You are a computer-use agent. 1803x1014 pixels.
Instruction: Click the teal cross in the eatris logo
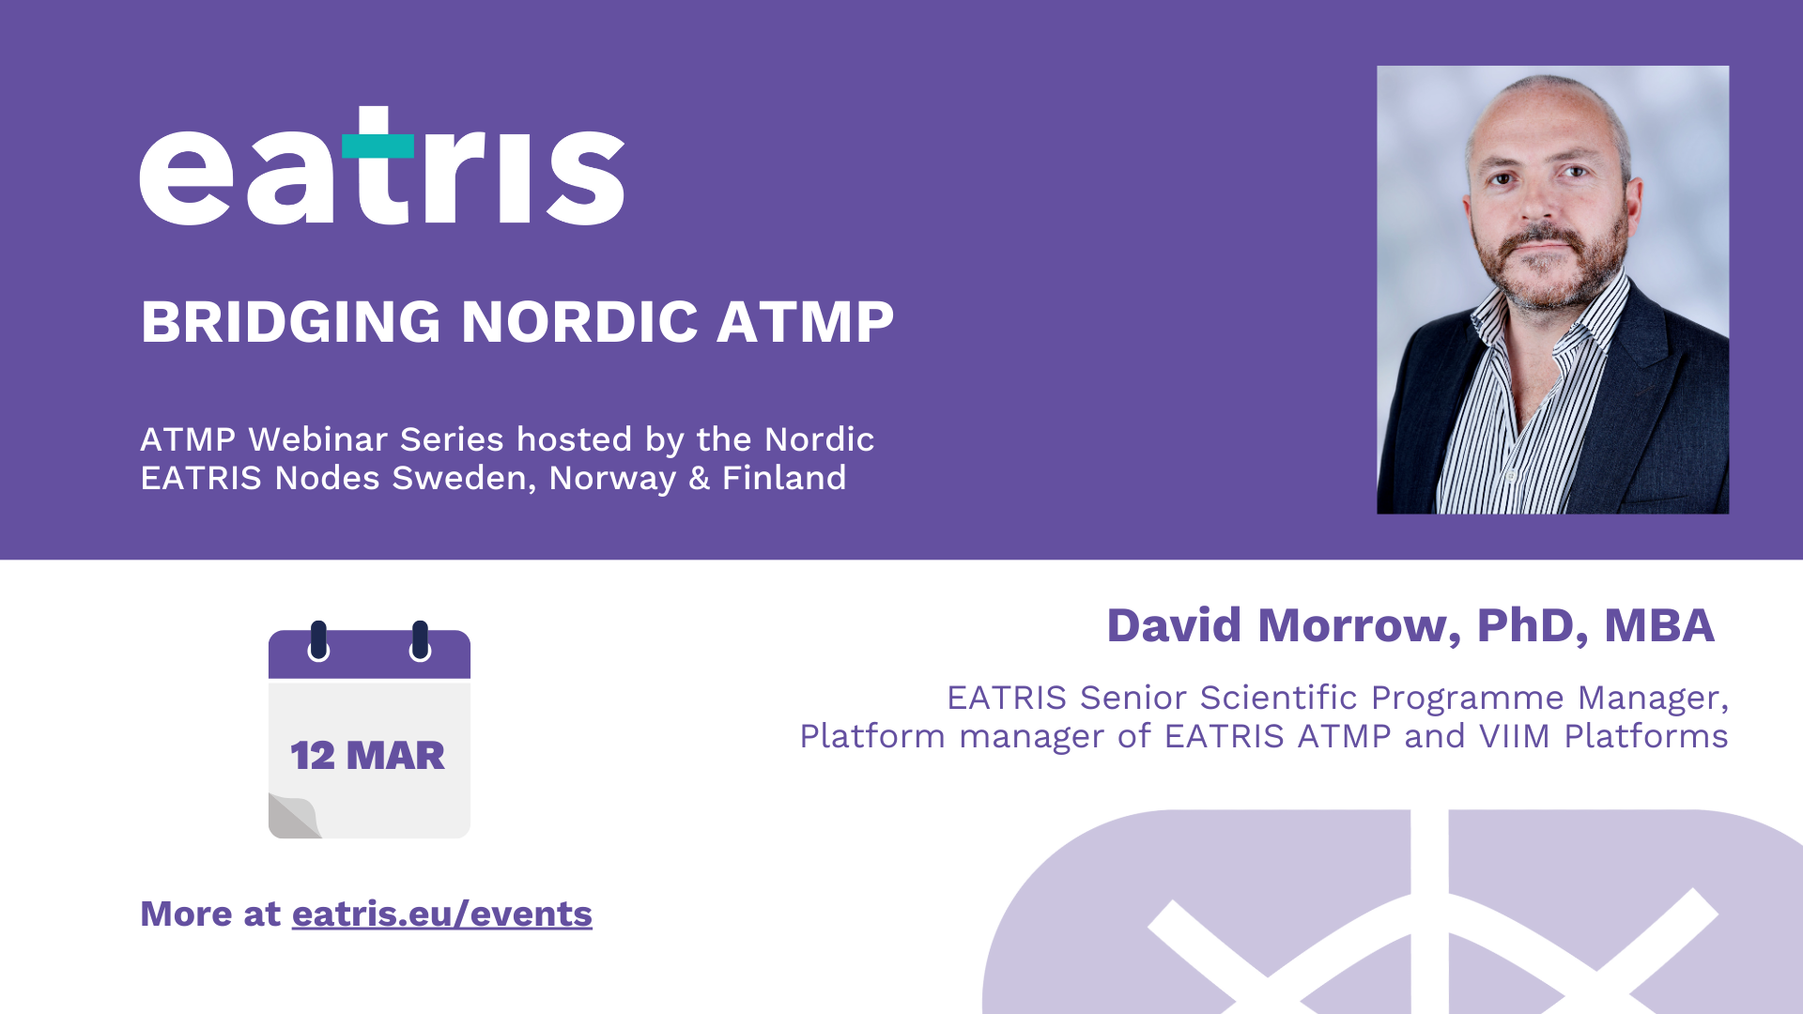coord(378,146)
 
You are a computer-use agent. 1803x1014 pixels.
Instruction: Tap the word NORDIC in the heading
coord(579,322)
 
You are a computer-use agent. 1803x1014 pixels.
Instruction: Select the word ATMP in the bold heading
coord(805,322)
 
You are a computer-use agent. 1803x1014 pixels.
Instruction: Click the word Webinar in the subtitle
coord(318,439)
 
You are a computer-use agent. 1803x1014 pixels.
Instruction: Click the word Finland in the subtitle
coord(784,478)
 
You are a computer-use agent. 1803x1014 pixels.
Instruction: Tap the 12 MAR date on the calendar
coord(367,756)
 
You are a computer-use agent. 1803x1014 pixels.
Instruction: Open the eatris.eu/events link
coord(442,914)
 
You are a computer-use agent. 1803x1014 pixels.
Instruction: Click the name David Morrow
coord(1278,625)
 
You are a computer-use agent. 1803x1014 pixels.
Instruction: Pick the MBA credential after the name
coord(1659,625)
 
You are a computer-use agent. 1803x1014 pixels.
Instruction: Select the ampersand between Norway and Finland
coord(700,478)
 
